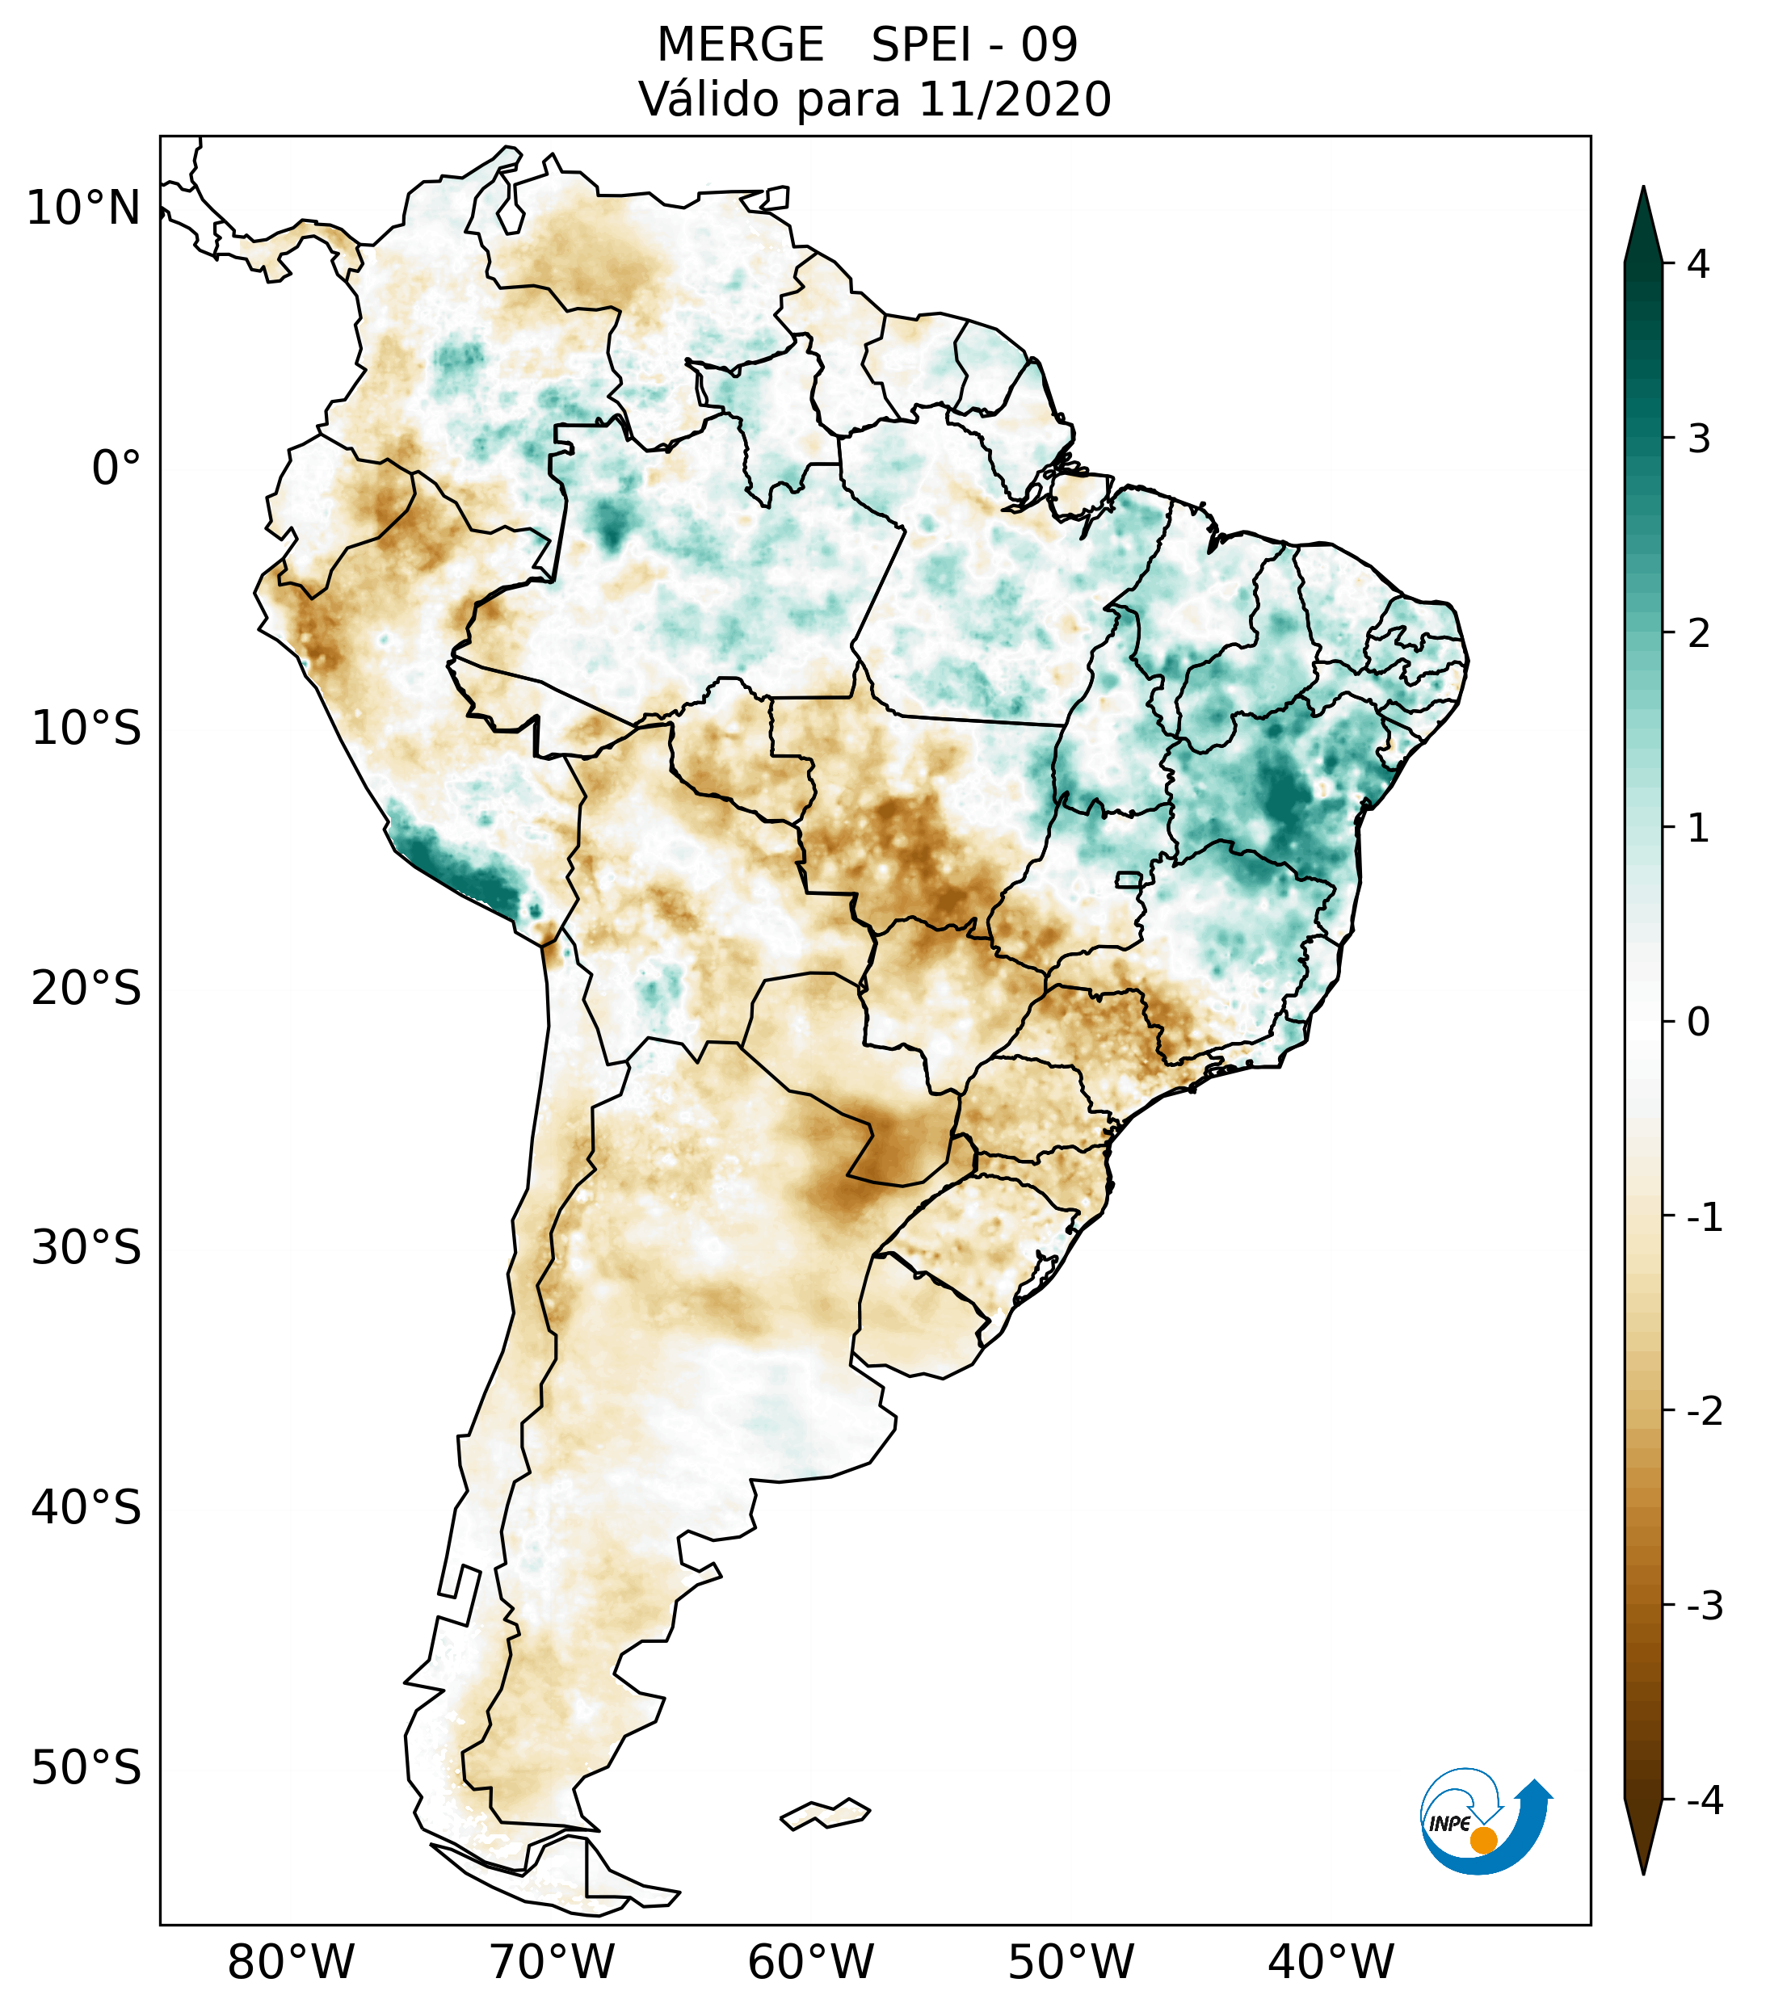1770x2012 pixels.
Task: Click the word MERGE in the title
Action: [739, 45]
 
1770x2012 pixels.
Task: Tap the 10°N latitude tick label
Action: [84, 208]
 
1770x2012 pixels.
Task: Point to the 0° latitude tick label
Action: [116, 468]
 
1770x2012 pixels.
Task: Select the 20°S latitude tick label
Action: [86, 989]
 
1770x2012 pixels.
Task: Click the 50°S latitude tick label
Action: [86, 1769]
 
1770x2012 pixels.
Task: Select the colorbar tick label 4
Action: [1698, 264]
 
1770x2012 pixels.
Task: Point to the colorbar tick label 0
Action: [1698, 1023]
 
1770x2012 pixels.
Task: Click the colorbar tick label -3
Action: [1704, 1606]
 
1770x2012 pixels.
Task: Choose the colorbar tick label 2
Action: [1698, 634]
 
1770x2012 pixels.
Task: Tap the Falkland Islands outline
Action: [825, 1813]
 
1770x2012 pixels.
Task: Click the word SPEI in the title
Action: [922, 45]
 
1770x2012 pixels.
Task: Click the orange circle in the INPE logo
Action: [1483, 1840]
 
